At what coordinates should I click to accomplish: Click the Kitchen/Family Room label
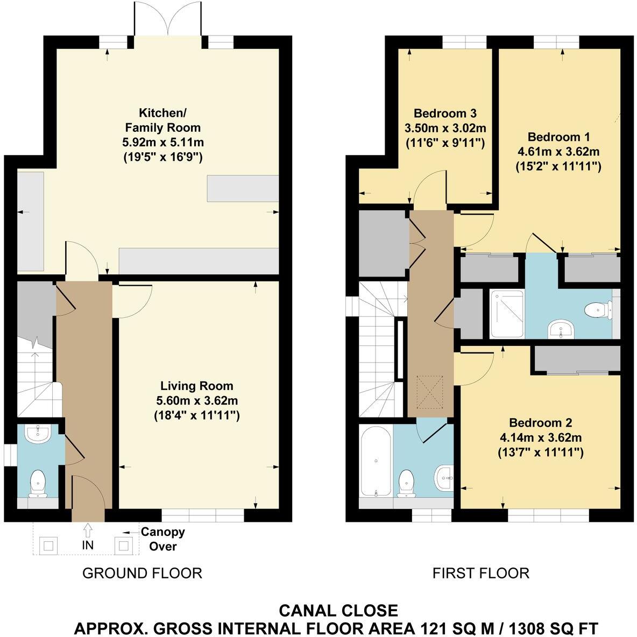[x=162, y=120]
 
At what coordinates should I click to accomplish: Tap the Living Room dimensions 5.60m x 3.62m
[x=196, y=401]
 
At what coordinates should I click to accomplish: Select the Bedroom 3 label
[x=445, y=114]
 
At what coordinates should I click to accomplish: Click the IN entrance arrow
[x=88, y=530]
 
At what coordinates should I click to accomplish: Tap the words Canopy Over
[x=162, y=539]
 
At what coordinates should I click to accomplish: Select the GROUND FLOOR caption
[x=142, y=574]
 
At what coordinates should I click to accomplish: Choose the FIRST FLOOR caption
[x=480, y=574]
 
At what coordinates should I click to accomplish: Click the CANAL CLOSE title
[x=338, y=611]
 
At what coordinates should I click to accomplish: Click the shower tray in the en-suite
[x=506, y=314]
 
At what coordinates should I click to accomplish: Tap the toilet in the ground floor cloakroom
[x=38, y=483]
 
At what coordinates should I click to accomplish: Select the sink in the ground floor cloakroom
[x=38, y=434]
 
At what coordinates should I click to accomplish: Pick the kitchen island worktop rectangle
[x=242, y=188]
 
